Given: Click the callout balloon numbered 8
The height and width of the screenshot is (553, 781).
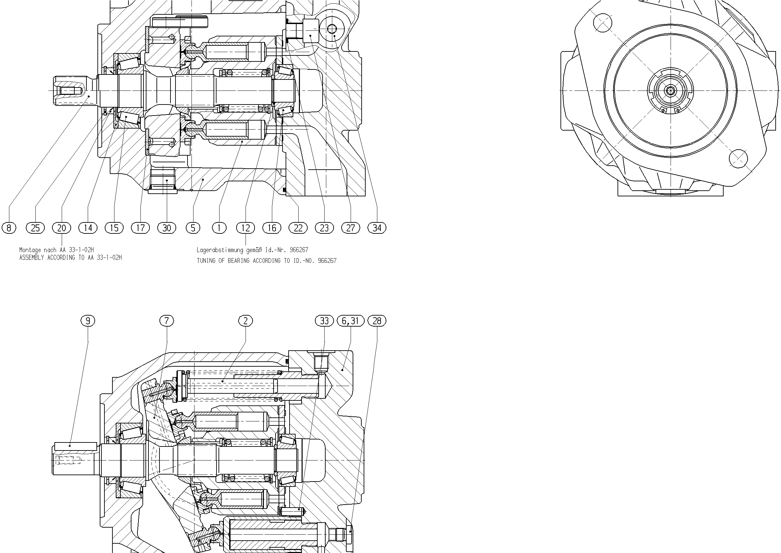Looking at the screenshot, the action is (9, 228).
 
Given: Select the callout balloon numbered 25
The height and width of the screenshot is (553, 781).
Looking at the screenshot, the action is (35, 228).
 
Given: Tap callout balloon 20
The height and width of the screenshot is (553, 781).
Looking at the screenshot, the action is (62, 228).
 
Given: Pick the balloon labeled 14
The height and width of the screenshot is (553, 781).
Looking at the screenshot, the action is (88, 228).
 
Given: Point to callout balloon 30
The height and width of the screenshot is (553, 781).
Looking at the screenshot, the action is (167, 228).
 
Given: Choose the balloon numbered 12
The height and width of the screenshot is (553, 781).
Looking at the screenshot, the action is (246, 228).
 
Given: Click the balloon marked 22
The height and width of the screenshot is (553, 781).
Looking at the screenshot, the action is (298, 228).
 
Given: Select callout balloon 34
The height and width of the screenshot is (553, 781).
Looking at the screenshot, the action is (377, 228).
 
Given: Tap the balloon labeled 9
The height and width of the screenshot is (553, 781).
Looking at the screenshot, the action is (88, 321).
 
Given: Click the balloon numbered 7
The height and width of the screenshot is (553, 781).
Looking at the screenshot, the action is (167, 321).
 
